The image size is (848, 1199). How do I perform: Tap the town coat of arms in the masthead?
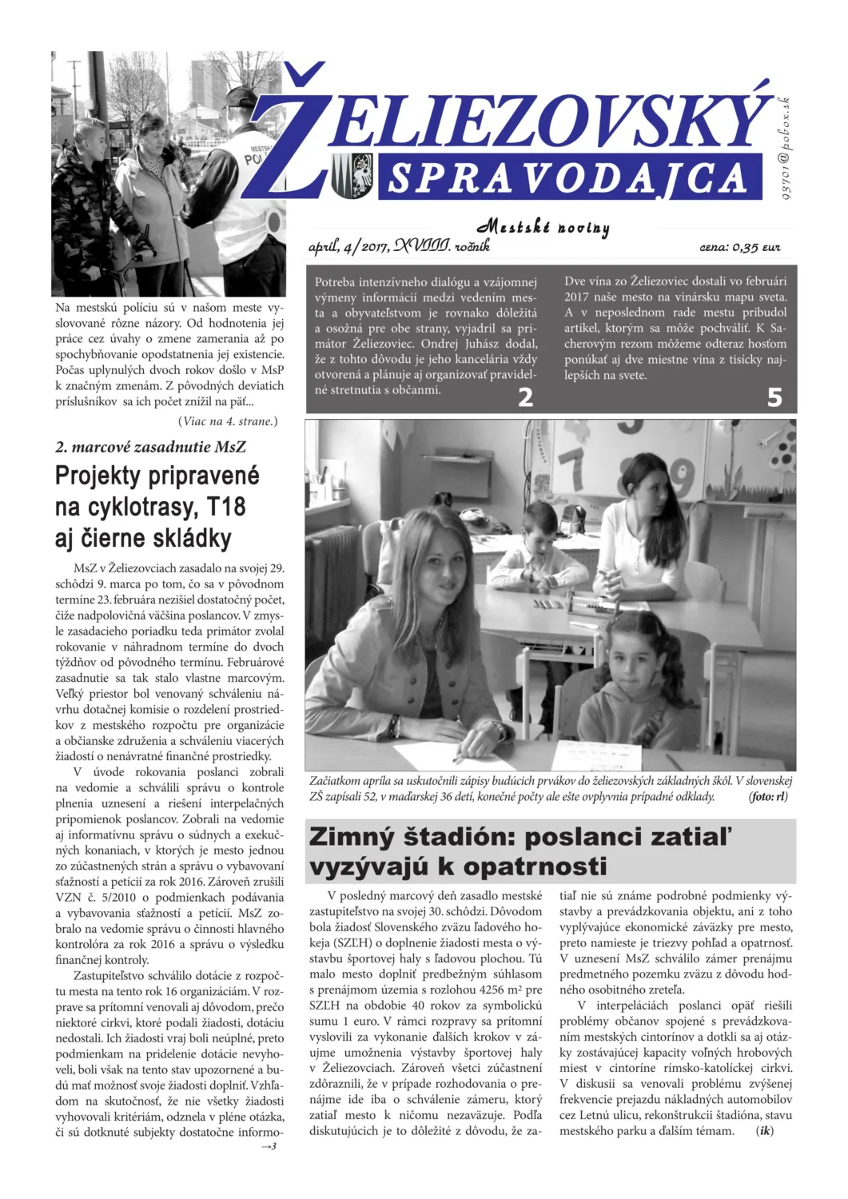(x=352, y=176)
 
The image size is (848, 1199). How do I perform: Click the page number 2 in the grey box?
(x=525, y=397)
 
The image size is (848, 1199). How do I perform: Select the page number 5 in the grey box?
(x=774, y=397)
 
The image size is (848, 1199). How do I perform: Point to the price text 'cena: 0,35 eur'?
(x=739, y=248)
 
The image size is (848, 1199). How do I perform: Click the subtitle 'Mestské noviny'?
(x=543, y=228)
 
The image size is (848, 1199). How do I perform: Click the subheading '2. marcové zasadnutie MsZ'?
(x=150, y=447)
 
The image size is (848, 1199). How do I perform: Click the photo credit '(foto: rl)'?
(x=768, y=796)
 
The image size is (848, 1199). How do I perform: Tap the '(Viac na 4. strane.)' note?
(x=228, y=421)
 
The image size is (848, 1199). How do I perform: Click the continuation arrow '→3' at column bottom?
(x=269, y=1147)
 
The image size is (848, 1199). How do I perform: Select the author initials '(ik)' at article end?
(x=765, y=1131)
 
